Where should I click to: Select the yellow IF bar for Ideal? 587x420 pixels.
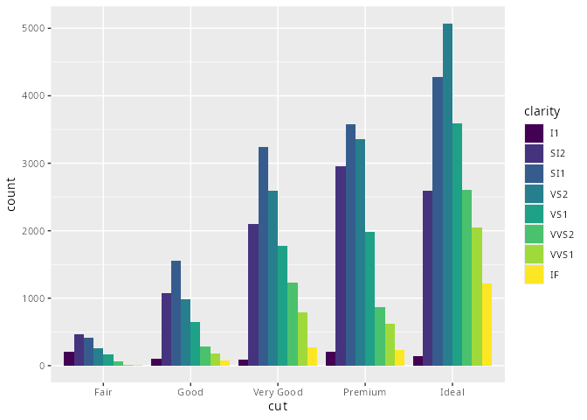click(x=487, y=325)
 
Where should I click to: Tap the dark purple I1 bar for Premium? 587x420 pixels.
click(x=331, y=359)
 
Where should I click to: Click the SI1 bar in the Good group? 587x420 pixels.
click(x=176, y=313)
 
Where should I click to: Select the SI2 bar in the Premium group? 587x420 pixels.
click(x=341, y=266)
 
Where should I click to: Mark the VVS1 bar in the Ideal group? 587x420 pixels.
click(x=477, y=297)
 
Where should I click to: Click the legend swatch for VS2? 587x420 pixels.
click(x=534, y=193)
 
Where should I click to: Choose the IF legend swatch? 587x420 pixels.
click(x=534, y=275)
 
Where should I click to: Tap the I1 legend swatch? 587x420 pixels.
click(x=534, y=133)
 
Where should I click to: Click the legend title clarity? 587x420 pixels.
click(x=542, y=111)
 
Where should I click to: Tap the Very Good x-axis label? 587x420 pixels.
click(x=278, y=392)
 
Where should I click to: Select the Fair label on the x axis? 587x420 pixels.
click(x=103, y=392)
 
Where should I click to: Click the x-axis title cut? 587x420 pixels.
click(x=278, y=406)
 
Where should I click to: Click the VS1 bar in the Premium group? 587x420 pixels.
click(x=369, y=298)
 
